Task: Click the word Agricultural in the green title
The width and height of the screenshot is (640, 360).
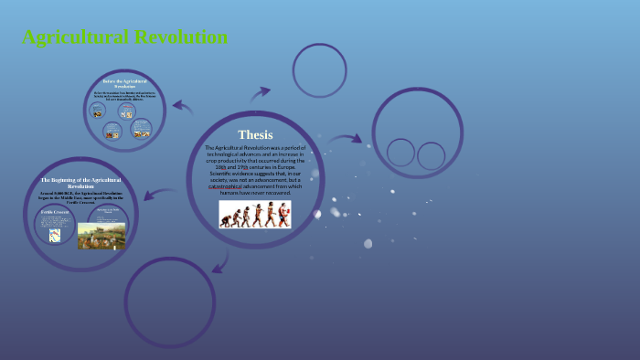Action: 76,37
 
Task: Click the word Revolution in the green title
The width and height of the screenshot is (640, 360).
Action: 180,37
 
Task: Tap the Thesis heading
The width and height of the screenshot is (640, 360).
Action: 255,134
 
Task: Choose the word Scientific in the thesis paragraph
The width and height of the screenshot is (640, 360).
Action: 224,174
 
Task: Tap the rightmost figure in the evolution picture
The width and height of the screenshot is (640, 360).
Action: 283,215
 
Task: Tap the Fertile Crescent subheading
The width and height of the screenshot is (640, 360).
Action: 54,212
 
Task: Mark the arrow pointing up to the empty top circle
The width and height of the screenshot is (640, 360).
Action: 261,92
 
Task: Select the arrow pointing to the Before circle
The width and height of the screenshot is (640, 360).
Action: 183,107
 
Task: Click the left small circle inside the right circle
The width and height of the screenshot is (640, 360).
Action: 400,153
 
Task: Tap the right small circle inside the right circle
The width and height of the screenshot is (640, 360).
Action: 431,155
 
